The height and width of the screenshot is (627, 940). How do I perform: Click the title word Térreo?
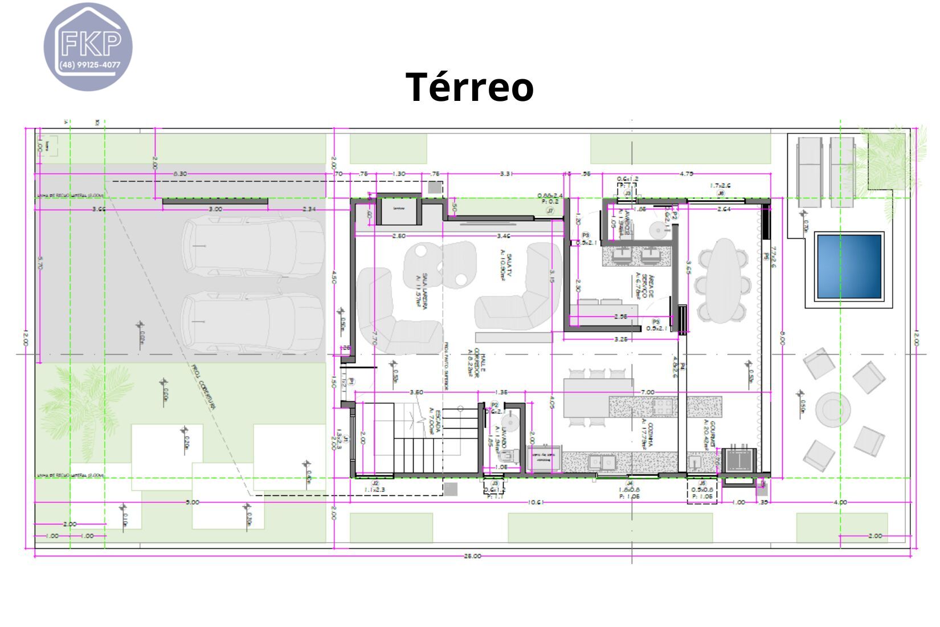click(x=469, y=87)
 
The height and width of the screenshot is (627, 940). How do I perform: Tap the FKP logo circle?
click(x=88, y=47)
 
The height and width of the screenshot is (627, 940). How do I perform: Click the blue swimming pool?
click(x=849, y=267)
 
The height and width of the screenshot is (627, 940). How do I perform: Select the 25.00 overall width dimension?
click(x=472, y=556)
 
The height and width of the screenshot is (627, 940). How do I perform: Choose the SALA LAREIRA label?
click(x=422, y=291)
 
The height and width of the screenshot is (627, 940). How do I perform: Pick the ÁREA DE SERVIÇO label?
click(x=641, y=285)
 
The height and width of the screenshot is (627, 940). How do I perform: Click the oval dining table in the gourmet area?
click(x=722, y=280)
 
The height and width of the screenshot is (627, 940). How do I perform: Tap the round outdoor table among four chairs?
click(x=832, y=409)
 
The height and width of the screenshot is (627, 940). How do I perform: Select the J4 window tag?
click(x=630, y=483)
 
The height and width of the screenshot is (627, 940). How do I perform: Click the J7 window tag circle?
click(x=550, y=211)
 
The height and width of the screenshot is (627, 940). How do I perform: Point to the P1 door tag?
click(x=352, y=381)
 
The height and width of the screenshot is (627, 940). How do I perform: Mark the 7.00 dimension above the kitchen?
click(x=647, y=392)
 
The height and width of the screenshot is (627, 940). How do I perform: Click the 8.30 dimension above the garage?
click(x=179, y=173)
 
